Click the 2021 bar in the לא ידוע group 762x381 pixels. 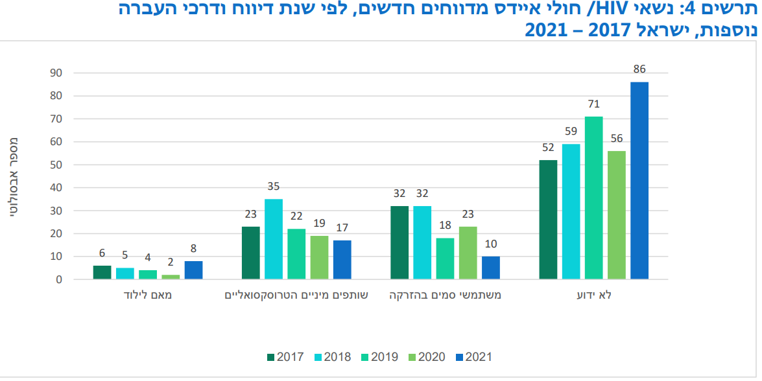pyautogui.click(x=639, y=181)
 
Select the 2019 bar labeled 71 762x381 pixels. pyautogui.click(x=593, y=198)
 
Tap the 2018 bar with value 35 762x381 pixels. pyautogui.click(x=274, y=239)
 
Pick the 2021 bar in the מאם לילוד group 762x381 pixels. pyautogui.click(x=193, y=270)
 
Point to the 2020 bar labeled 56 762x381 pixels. pyautogui.click(x=616, y=215)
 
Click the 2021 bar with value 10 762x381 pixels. pyautogui.click(x=490, y=268)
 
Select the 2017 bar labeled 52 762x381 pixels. pyautogui.click(x=548, y=220)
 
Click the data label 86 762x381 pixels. pyautogui.click(x=639, y=69)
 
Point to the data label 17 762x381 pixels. pyautogui.click(x=342, y=228)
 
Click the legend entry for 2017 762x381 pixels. pyautogui.click(x=283, y=357)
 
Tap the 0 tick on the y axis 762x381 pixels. pyautogui.click(x=58, y=280)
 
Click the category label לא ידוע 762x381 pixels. pyautogui.click(x=593, y=295)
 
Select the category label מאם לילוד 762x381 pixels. pyautogui.click(x=148, y=295)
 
